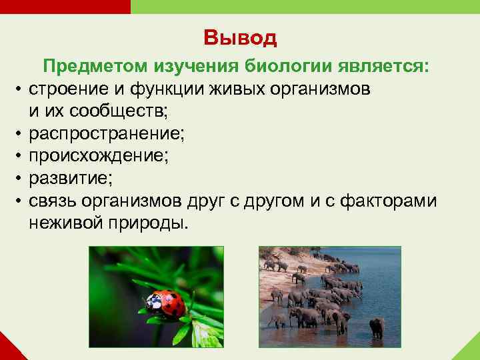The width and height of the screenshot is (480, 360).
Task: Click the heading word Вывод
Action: click(x=240, y=38)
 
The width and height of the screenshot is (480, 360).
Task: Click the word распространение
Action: click(x=107, y=133)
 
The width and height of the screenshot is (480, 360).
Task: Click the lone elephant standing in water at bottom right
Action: click(x=377, y=327)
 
